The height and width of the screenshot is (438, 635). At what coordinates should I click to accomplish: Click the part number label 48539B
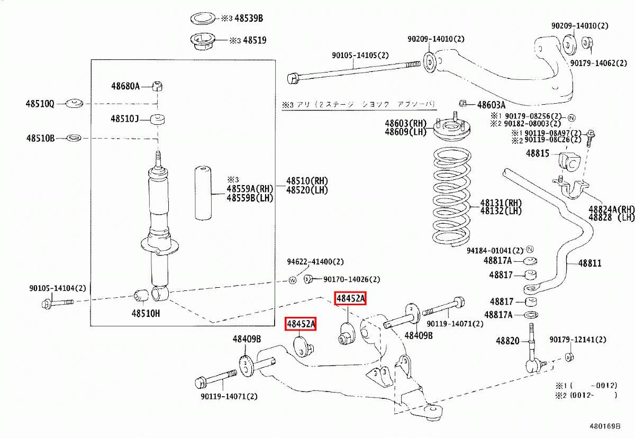pos(248,19)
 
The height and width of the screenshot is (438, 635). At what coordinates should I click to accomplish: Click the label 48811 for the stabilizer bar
pos(589,263)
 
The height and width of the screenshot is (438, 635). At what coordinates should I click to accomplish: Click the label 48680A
pos(125,86)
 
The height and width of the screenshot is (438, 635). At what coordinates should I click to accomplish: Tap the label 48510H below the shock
pos(146,313)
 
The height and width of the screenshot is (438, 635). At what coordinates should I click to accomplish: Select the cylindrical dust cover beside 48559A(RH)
pos(203,193)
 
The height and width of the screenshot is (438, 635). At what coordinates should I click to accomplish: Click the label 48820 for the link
pos(507,341)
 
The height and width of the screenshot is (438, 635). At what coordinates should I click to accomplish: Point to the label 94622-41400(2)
pos(315,261)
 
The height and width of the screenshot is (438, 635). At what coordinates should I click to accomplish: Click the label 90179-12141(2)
pos(578,340)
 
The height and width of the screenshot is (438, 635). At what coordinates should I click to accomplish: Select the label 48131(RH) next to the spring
pos(501,203)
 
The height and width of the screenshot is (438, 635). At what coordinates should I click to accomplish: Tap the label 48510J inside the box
pos(124,119)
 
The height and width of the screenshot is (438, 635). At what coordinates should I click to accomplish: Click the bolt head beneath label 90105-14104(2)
pos(47,304)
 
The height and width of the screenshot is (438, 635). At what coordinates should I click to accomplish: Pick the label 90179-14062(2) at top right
pos(600,63)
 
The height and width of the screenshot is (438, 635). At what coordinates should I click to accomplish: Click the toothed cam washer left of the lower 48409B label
pos(245,367)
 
